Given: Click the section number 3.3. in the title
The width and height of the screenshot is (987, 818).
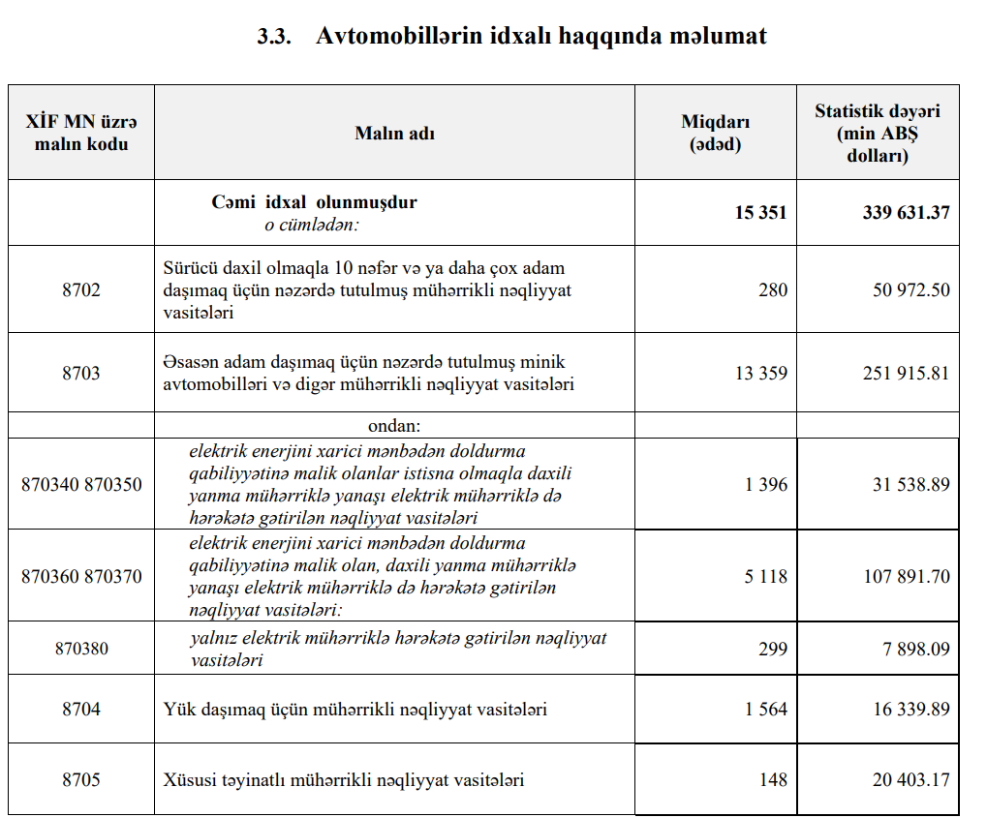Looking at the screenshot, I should [275, 37].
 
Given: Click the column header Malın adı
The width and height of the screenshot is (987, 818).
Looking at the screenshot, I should [394, 134].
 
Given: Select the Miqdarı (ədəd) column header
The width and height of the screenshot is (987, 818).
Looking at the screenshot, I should [715, 134].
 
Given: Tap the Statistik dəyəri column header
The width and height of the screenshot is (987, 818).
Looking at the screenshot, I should [877, 133].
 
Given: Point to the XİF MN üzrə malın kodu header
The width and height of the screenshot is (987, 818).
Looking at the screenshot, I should [81, 134].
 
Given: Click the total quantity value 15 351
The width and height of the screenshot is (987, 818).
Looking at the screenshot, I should [760, 213].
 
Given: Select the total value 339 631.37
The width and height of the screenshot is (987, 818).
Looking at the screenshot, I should [906, 213].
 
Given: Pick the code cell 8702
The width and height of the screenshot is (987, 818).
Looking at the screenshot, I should [81, 290].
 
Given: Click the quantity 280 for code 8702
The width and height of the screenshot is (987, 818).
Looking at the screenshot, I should [773, 290].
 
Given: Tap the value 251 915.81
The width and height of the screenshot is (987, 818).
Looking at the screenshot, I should [906, 374].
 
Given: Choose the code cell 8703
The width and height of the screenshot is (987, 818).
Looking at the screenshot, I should [81, 374].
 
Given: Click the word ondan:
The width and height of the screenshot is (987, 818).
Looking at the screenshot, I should [394, 425].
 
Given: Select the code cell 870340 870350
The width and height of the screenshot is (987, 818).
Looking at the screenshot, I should [81, 484].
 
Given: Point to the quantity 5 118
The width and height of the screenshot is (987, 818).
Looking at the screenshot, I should [766, 577].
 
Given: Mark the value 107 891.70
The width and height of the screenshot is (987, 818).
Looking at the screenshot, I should [906, 577].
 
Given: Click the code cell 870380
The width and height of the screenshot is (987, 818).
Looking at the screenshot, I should [81, 649].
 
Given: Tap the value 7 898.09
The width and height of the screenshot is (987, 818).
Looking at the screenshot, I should [915, 649].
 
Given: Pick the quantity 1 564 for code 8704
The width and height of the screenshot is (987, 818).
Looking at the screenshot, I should [766, 710].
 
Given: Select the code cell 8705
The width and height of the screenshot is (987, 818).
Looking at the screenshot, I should [81, 779].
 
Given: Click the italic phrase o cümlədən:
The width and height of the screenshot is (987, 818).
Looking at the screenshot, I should [312, 225].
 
